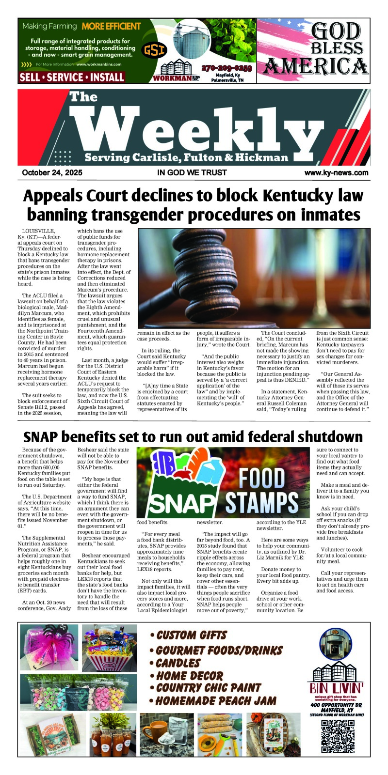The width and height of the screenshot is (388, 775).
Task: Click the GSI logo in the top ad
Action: tap(154, 50)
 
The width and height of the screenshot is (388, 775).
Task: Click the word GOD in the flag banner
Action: tap(336, 31)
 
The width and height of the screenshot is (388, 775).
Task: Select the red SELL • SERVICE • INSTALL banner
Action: tap(72, 77)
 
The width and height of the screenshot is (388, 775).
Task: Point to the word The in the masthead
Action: tap(83, 97)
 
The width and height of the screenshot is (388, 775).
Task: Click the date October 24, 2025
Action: tap(52, 172)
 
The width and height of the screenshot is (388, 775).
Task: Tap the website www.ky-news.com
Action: tap(336, 172)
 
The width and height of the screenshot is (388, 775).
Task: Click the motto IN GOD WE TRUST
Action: tap(192, 172)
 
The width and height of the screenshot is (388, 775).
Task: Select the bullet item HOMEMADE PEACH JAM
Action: tap(213, 700)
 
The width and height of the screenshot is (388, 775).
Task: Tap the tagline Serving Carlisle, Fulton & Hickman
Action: tap(186, 157)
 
